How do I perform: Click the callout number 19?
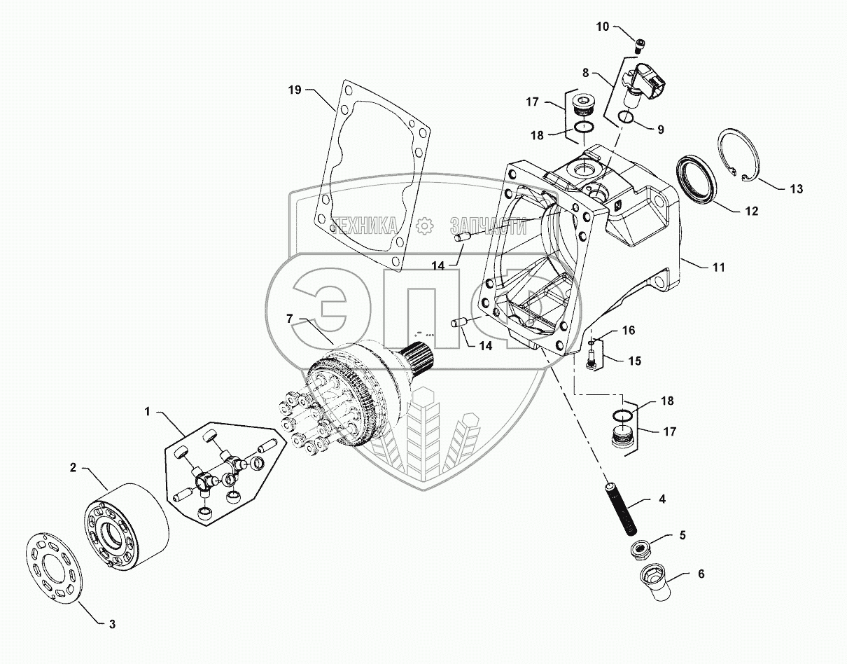click(x=295, y=90)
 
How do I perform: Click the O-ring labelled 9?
click(x=628, y=118)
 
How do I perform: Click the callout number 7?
click(x=288, y=319)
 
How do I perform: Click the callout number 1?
click(x=148, y=412)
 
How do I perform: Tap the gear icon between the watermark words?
click(x=423, y=226)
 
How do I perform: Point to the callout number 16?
click(x=629, y=329)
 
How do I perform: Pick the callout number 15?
click(x=634, y=361)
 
